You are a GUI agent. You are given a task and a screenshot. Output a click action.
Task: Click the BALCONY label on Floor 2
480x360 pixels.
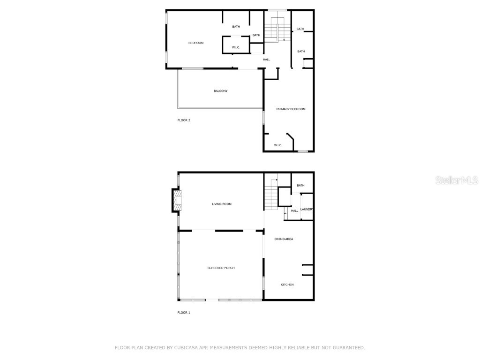(220, 91)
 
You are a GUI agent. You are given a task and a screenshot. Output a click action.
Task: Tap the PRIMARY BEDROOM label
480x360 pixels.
(291, 109)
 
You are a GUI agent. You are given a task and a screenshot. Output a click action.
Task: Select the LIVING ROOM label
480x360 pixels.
(222, 204)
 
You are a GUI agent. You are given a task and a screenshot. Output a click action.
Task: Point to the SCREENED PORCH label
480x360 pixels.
(221, 268)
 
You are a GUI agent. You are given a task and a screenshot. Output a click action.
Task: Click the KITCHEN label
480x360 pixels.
(287, 285)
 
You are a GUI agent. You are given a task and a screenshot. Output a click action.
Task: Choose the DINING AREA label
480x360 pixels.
(284, 239)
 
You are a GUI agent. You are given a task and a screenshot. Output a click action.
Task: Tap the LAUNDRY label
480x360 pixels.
(307, 209)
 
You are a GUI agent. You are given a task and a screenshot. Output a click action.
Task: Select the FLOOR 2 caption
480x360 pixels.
(183, 120)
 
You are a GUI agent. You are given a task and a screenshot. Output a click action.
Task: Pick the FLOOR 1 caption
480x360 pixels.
(183, 312)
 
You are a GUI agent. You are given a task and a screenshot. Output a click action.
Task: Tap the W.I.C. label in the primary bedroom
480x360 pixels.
(278, 145)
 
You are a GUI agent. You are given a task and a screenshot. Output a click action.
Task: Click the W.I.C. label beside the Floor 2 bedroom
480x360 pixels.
(236, 47)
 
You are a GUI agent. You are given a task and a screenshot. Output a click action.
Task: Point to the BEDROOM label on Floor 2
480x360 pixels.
(196, 43)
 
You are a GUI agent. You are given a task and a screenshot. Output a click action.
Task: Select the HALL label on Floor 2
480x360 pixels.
(266, 60)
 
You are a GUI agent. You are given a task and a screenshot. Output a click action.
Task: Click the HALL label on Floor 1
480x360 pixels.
(294, 211)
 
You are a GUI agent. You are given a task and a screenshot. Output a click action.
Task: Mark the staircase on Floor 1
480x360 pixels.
(270, 197)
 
